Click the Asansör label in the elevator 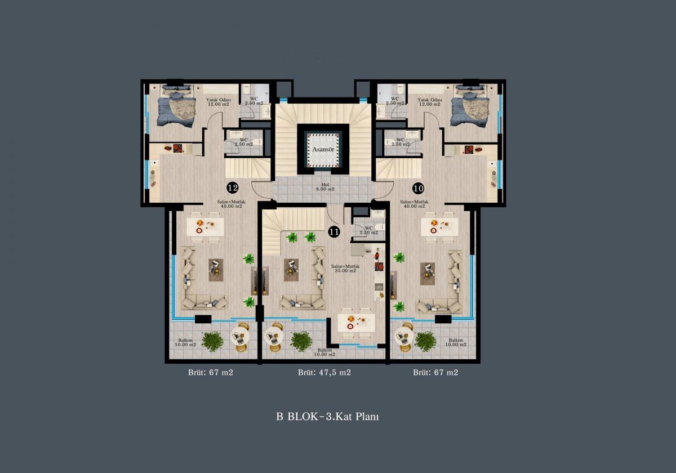click(323, 149)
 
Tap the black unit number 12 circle click(232, 188)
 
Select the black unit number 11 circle click(334, 232)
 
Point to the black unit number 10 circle click(418, 189)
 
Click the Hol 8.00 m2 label click(325, 187)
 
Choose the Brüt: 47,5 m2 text click(324, 372)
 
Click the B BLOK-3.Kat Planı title click(327, 417)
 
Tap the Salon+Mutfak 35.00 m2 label click(345, 269)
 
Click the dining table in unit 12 click(206, 227)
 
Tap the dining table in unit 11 click(357, 323)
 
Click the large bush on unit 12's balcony click(212, 341)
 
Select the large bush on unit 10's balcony click(425, 341)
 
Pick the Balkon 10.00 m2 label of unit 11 click(324, 352)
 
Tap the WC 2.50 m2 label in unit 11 click(369, 230)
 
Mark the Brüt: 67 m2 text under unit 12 click(211, 372)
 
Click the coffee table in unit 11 click(291, 270)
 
